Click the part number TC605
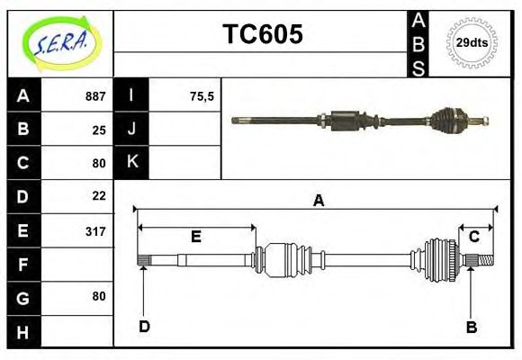point(263,34)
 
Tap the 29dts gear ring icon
point(472,42)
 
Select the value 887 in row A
point(95,96)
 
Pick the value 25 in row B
point(99,130)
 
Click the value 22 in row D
point(99,195)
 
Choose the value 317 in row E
point(95,231)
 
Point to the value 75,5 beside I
point(202,96)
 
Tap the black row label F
point(23,265)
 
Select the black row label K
point(132,162)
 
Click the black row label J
point(132,130)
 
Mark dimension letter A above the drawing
point(318,201)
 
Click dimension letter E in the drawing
point(195,237)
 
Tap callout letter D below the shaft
point(144,326)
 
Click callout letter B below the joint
point(471,327)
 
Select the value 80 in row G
point(99,296)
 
